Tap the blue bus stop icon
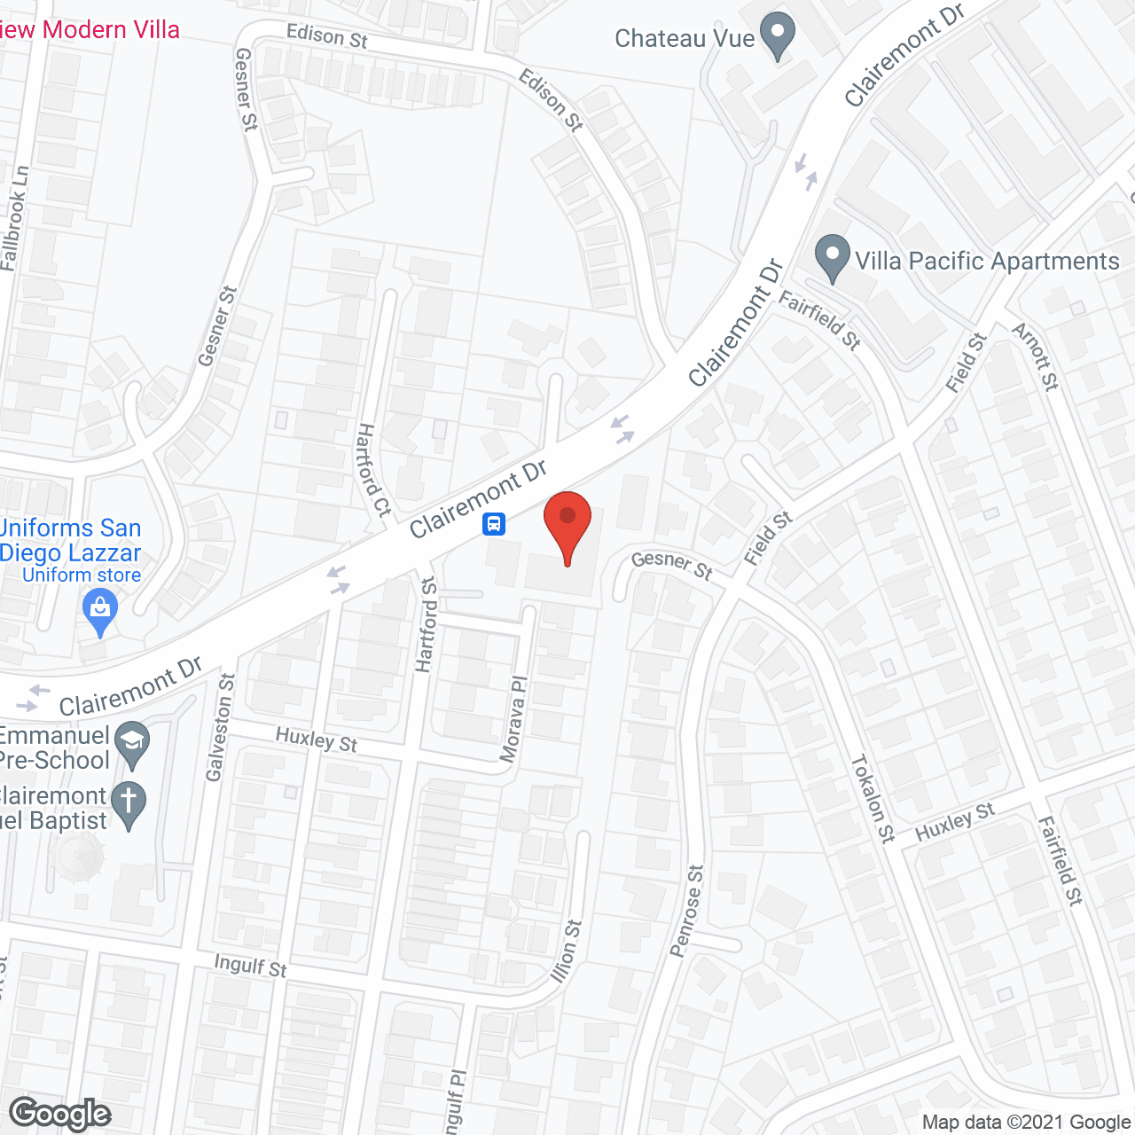coord(494,524)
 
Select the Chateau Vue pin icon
coord(778,35)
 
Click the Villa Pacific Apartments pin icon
coord(832,256)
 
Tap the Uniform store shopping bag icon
coord(100,612)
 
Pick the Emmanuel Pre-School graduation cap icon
coord(132,745)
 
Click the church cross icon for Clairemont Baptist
coord(129,805)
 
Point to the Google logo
coord(60,1114)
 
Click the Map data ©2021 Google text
coord(1026,1123)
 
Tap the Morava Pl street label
coord(514,719)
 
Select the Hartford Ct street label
coord(373,470)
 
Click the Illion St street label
coord(567,951)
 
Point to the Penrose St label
coord(687,912)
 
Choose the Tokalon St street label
coord(873,798)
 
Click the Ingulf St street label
coord(251,966)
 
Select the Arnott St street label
coord(1036,356)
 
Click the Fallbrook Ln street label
coord(15,218)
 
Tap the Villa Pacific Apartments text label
coord(987,261)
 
